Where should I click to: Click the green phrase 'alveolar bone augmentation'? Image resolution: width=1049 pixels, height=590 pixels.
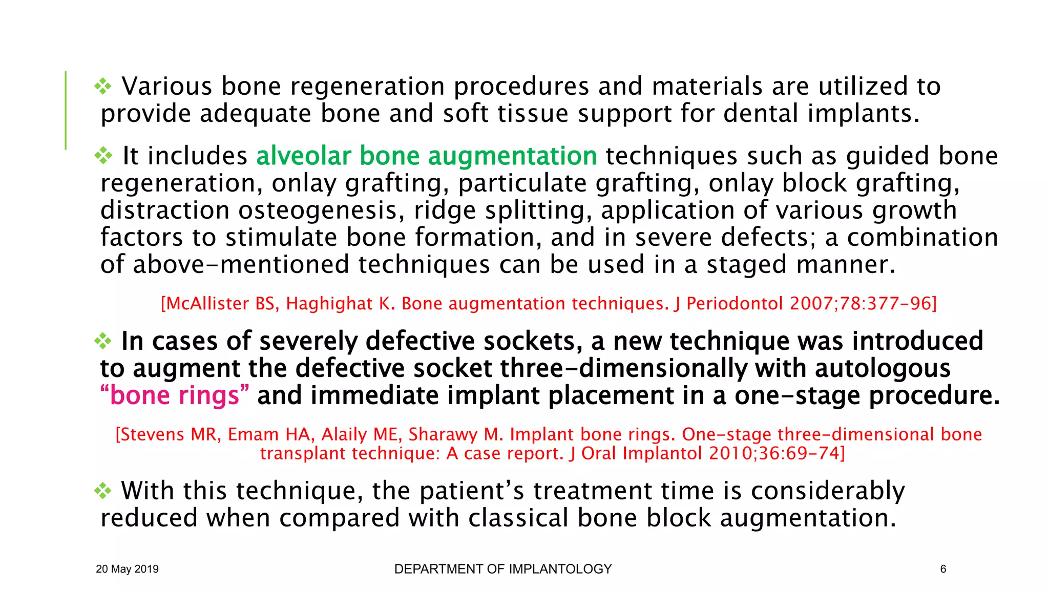426,156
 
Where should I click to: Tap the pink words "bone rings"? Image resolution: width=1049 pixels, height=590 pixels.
175,396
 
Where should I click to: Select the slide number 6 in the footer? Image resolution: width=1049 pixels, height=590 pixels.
943,569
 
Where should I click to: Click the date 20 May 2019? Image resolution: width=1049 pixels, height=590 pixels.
127,569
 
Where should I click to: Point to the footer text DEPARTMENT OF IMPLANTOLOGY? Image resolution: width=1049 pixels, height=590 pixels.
503,569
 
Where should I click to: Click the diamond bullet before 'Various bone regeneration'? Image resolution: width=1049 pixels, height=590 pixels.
103,86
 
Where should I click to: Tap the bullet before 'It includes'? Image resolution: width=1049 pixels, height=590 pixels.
103,156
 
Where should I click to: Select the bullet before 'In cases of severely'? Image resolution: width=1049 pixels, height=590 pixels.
103,341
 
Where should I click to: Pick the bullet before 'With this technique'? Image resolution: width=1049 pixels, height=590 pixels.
103,491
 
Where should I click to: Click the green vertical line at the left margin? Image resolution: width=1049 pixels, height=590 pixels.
66,110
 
